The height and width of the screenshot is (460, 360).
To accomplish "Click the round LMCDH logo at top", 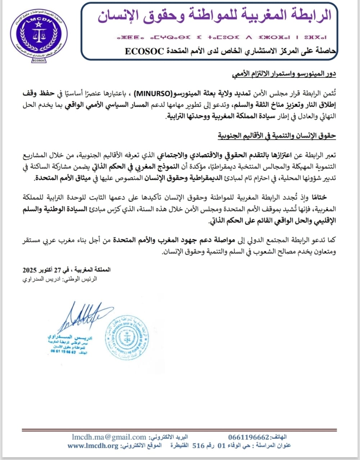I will [x=39, y=36].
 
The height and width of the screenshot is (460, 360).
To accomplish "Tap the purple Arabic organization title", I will [x=214, y=15].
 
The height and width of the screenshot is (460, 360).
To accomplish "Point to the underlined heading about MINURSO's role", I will [x=284, y=74].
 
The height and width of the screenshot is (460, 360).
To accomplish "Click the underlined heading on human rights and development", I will [x=277, y=135].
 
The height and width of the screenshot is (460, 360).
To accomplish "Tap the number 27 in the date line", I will [x=59, y=270].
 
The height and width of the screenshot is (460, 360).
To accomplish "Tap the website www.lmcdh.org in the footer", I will [x=93, y=446].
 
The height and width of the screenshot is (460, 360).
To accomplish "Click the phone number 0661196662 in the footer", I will [x=249, y=437].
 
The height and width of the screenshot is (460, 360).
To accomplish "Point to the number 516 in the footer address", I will [x=199, y=446].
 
